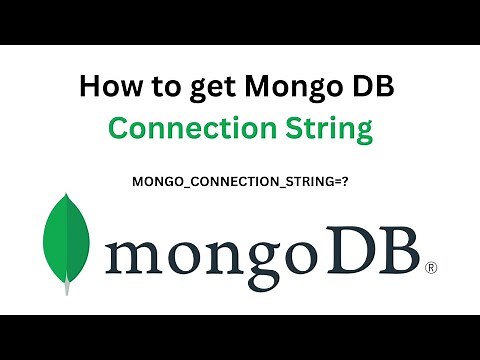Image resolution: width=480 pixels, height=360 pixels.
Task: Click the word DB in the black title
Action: click(374, 87)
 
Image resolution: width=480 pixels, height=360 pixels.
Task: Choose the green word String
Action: click(328, 129)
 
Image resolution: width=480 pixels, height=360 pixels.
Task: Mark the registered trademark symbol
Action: click(431, 267)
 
